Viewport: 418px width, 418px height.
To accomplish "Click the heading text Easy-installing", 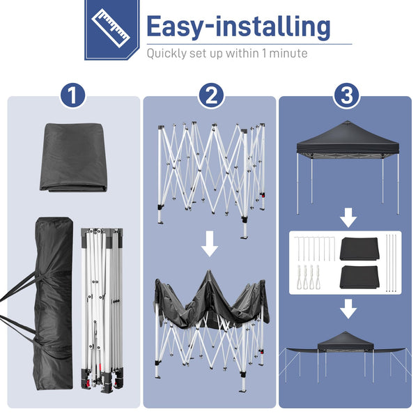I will point(238,26).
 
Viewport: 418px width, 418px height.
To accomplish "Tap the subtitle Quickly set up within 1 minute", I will point(226,53).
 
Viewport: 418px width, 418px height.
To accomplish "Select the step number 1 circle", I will point(72,95).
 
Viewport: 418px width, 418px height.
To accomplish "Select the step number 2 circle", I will point(210,95).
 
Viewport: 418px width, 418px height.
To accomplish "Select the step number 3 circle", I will point(346,95).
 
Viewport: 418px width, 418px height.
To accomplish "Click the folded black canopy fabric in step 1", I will point(73,157).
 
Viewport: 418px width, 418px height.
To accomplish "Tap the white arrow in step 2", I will point(210,246).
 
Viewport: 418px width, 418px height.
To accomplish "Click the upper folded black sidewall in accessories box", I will point(359,249).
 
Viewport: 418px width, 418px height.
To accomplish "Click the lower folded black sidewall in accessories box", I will point(359,279).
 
